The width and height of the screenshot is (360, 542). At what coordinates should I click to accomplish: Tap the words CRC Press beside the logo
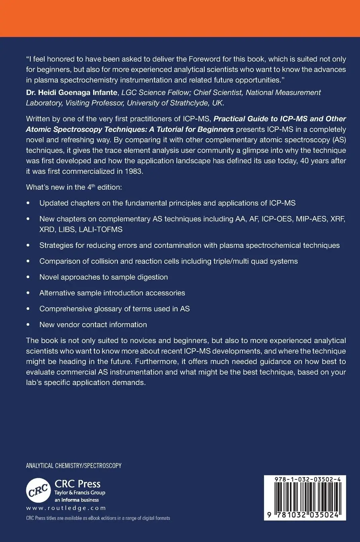point(77,484)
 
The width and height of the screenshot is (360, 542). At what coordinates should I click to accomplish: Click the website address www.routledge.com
point(66,508)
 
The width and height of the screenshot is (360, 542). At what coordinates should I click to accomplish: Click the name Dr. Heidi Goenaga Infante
point(72,92)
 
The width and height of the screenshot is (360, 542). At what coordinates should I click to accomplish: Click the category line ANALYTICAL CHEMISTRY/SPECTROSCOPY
point(74,465)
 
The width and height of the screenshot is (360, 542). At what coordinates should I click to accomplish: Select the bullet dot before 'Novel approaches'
point(28,277)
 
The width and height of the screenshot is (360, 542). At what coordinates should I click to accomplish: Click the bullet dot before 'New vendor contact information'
point(28,325)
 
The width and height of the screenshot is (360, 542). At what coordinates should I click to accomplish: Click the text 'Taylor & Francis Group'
point(80,493)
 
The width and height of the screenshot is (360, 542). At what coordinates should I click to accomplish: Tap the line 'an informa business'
point(76,500)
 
